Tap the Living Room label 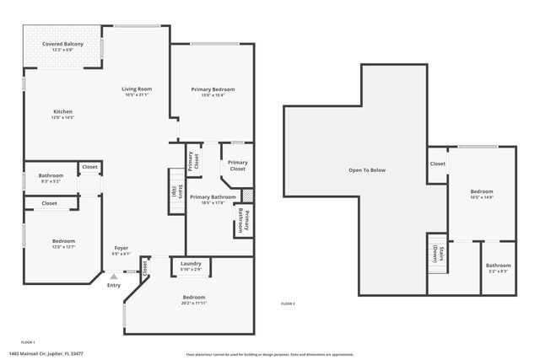click(136, 91)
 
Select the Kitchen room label click(63, 115)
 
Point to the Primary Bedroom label click(213, 91)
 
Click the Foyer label click(121, 250)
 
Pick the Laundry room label click(191, 266)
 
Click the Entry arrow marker click(114, 276)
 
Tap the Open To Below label click(367, 170)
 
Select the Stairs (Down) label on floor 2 click(436, 254)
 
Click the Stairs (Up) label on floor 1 click(175, 191)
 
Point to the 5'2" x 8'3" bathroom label click(498, 268)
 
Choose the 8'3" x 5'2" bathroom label click(51, 178)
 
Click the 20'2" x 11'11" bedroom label click(194, 299)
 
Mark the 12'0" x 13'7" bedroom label click(63, 244)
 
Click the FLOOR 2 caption click(288, 304)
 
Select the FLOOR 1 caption click(27, 342)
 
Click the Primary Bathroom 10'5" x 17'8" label click(213, 200)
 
